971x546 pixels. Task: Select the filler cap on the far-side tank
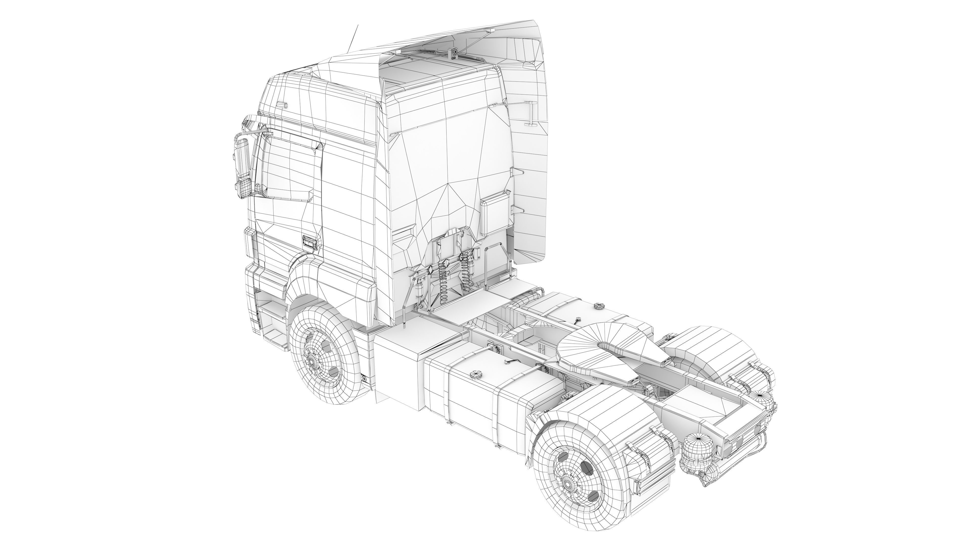[598, 306]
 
